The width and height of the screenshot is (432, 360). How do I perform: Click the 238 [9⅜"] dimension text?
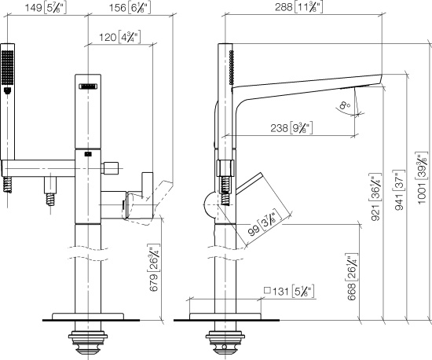[289, 127]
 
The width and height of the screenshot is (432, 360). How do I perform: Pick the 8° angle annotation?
[344, 104]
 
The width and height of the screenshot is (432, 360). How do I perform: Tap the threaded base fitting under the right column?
[222, 339]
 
